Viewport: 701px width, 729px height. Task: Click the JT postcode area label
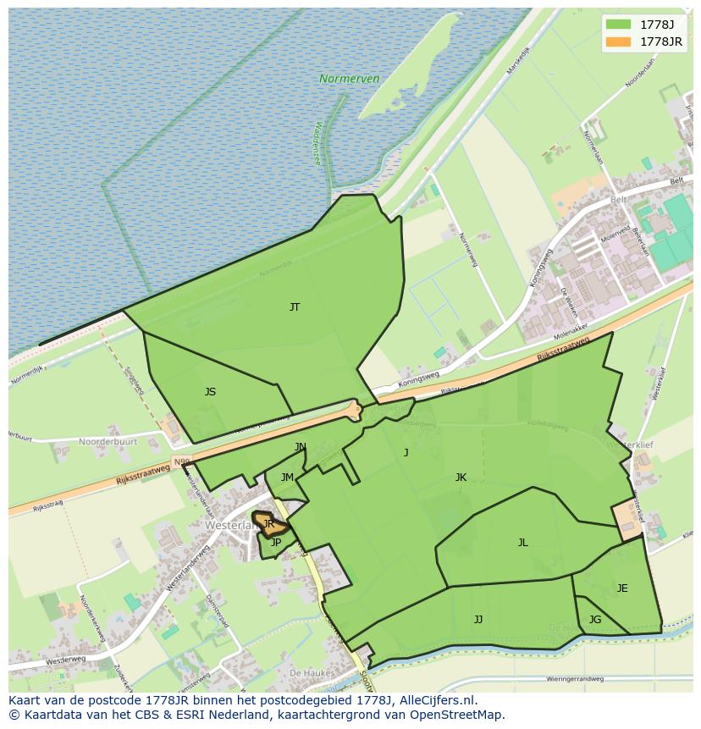pos(295,307)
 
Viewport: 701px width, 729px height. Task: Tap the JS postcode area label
pos(210,392)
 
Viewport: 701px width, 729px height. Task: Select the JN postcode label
pos(301,447)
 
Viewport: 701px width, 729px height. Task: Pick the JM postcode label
pos(287,478)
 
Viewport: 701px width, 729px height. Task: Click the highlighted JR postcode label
pos(269,524)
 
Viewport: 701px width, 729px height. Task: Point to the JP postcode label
pos(275,543)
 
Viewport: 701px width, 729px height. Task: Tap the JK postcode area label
pos(461,478)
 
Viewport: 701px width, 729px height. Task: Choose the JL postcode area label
pos(522,543)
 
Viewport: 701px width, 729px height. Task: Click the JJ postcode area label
pos(478,620)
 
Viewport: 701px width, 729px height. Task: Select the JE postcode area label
pos(622,588)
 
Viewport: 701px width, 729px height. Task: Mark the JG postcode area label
pos(595,620)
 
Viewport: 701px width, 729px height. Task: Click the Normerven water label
pos(349,79)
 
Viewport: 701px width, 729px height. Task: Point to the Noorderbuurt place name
pos(108,442)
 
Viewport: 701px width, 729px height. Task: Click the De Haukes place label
pos(308,672)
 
